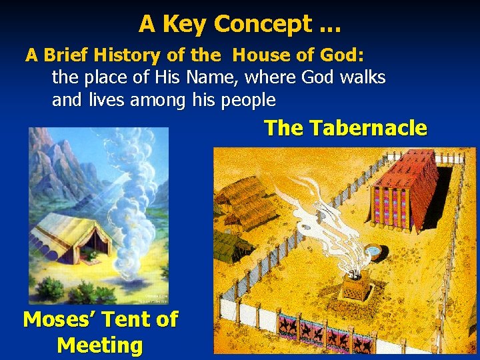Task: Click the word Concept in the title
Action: (263, 24)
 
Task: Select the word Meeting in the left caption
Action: (100, 345)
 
